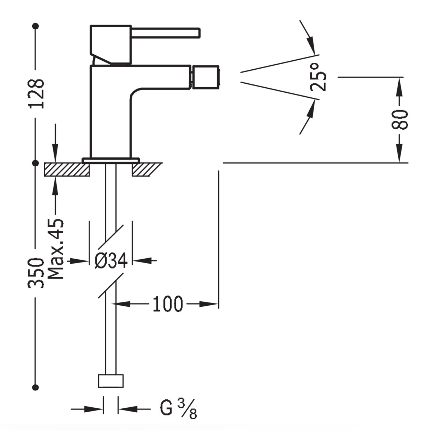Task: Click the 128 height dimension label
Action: (x=37, y=94)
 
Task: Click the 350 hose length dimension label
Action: (x=36, y=273)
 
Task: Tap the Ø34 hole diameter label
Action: (x=111, y=260)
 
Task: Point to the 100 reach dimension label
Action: (x=168, y=304)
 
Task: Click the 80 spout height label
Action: (x=400, y=120)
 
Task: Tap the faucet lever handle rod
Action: (x=165, y=33)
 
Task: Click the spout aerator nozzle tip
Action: (x=205, y=77)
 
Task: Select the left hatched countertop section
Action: (x=67, y=169)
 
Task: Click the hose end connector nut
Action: (x=111, y=381)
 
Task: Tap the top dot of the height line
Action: (x=35, y=26)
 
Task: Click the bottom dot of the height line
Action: (x=35, y=387)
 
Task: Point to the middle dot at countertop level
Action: (x=35, y=163)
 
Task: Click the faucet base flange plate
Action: (x=111, y=160)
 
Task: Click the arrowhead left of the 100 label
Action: (x=122, y=304)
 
